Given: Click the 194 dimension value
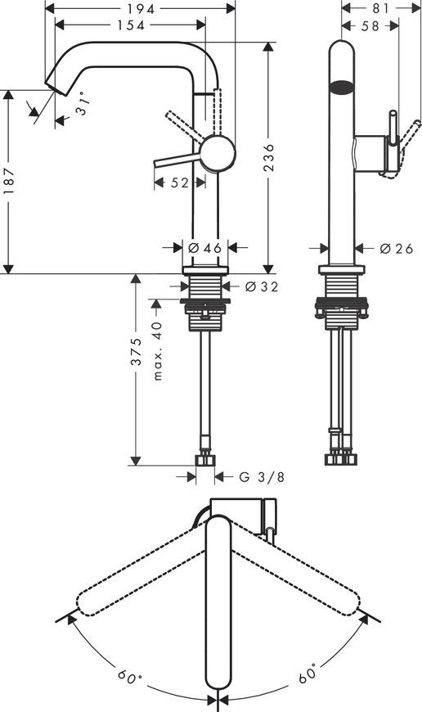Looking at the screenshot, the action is [141, 9].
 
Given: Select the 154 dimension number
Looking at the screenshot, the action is [131, 25].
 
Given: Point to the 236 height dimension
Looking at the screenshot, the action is [269, 158].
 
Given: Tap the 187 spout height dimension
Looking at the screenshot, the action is [9, 180].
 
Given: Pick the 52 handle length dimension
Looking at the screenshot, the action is [179, 183].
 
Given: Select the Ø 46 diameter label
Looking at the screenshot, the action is [204, 248].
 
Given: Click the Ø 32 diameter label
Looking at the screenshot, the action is [262, 287].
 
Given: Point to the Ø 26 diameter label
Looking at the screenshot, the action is [397, 249].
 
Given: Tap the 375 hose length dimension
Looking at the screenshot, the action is [136, 351].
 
